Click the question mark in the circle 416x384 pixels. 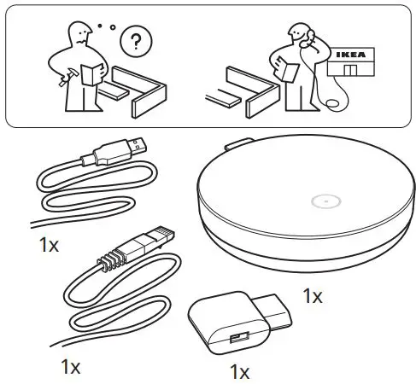pyautogui.click(x=133, y=40)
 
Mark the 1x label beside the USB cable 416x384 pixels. pyautogui.click(x=49, y=245)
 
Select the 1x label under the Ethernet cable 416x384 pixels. pyautogui.click(x=70, y=367)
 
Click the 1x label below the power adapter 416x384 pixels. pyautogui.click(x=240, y=372)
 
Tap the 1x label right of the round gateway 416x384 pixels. pyautogui.click(x=313, y=296)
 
